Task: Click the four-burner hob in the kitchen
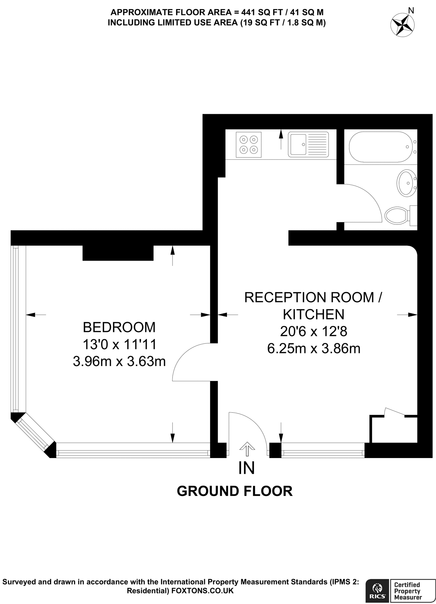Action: click(x=249, y=145)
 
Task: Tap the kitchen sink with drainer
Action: click(x=308, y=144)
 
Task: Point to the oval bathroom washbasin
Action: click(x=407, y=183)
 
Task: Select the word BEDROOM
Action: click(x=119, y=327)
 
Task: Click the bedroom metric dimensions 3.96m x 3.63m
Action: click(x=119, y=361)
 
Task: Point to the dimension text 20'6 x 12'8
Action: click(x=314, y=331)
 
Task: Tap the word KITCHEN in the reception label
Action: click(x=314, y=314)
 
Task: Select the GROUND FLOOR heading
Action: click(x=235, y=491)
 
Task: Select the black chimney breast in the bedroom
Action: click(x=118, y=253)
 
